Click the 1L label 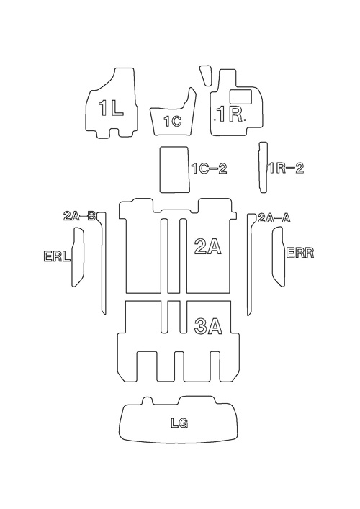(x=111, y=108)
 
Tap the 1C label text (x=172, y=122)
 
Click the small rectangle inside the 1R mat (x=241, y=96)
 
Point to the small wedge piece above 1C (x=205, y=76)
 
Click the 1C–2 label (x=210, y=168)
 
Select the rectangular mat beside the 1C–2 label (x=174, y=169)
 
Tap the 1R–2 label (x=287, y=168)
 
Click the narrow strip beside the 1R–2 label (x=264, y=167)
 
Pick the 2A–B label (x=79, y=216)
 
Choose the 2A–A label (x=274, y=218)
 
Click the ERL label (x=57, y=256)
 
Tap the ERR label (x=300, y=253)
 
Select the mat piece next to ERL (x=78, y=257)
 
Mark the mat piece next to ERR (x=279, y=257)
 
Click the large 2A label (x=208, y=246)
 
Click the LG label (x=179, y=423)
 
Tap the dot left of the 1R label (x=215, y=120)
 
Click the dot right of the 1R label (x=245, y=120)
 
